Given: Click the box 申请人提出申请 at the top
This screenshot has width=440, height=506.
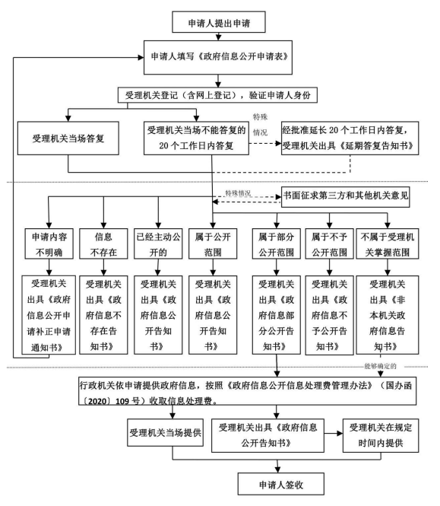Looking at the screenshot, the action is click(219, 22).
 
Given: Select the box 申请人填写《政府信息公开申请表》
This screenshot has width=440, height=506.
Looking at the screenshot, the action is click(218, 57).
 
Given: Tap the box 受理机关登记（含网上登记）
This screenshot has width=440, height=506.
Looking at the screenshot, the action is click(217, 95).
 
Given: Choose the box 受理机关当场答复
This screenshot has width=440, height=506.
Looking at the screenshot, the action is click(68, 138).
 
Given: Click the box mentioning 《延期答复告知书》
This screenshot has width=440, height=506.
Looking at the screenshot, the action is click(350, 138).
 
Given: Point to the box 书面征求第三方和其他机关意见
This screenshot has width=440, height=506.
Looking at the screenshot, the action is click(345, 196).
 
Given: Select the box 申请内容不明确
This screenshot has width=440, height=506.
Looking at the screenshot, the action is click(49, 243).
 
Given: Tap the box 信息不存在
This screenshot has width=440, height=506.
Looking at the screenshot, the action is click(103, 243).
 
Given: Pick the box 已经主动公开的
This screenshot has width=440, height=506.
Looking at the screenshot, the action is click(158, 243).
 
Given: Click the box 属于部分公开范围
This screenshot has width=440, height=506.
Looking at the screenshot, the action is click(277, 243).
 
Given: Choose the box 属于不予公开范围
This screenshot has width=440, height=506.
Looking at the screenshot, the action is click(330, 243).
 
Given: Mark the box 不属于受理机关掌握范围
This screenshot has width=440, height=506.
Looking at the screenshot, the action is click(388, 243).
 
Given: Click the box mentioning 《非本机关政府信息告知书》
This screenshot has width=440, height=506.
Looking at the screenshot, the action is click(388, 315).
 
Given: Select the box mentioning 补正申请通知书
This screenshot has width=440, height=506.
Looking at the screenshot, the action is click(49, 315).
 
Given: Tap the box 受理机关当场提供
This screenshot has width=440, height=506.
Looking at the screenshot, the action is click(165, 432).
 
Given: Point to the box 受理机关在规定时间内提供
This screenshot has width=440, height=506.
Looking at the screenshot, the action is click(381, 435).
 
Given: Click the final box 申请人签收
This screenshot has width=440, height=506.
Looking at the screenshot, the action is click(281, 484).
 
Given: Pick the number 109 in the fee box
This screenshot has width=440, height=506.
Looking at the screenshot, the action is click(122, 402).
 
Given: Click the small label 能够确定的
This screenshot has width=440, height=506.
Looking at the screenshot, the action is click(380, 366).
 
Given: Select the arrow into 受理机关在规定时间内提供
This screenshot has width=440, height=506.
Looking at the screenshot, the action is click(334, 433).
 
